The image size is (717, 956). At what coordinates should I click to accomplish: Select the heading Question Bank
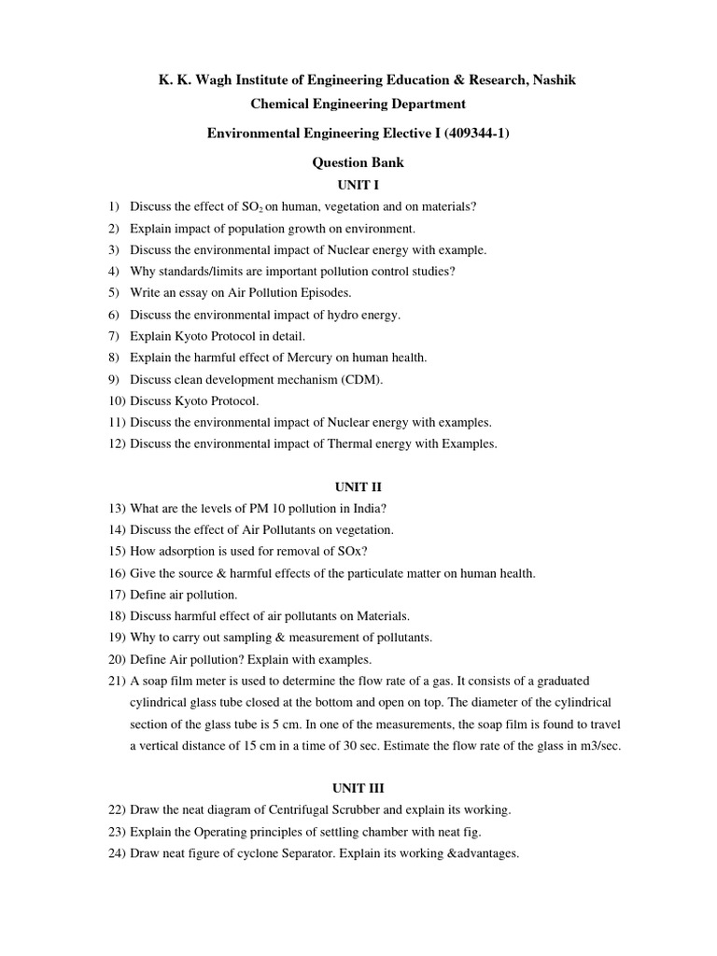click(358, 162)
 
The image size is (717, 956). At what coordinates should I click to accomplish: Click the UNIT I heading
click(358, 186)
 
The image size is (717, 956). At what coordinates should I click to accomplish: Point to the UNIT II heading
click(358, 486)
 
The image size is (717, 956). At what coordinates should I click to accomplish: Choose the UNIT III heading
click(358, 788)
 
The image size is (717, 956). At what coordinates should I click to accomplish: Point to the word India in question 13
click(365, 509)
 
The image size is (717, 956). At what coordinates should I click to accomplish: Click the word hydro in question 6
click(351, 315)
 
